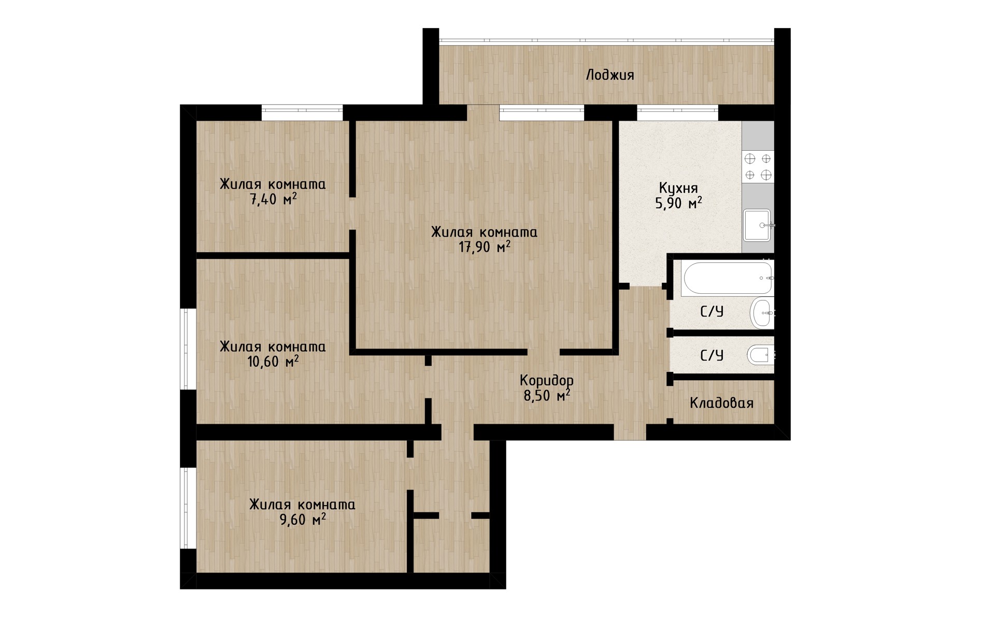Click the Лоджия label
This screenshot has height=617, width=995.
click(610, 76)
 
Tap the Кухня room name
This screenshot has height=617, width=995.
click(678, 188)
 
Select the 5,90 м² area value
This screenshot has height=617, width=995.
click(679, 203)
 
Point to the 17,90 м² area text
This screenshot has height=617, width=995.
click(485, 247)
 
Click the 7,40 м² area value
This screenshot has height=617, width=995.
click(274, 199)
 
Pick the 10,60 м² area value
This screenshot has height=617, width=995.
click(273, 361)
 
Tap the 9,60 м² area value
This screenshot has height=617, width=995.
click(303, 519)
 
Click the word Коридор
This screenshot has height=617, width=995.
click(547, 381)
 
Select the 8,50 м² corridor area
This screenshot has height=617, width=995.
click(547, 396)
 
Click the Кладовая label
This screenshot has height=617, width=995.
click(721, 403)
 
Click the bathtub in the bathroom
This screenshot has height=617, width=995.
click(728, 278)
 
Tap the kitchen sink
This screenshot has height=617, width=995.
click(758, 225)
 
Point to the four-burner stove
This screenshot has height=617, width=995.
click(758, 167)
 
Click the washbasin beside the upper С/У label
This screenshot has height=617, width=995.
click(762, 313)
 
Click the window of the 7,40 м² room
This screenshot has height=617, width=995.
click(302, 112)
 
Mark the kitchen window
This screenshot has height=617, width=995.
click(677, 112)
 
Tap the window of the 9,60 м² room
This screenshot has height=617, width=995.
click(188, 508)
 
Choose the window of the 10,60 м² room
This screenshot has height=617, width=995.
click(188, 349)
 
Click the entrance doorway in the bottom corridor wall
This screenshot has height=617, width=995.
click(630, 432)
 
